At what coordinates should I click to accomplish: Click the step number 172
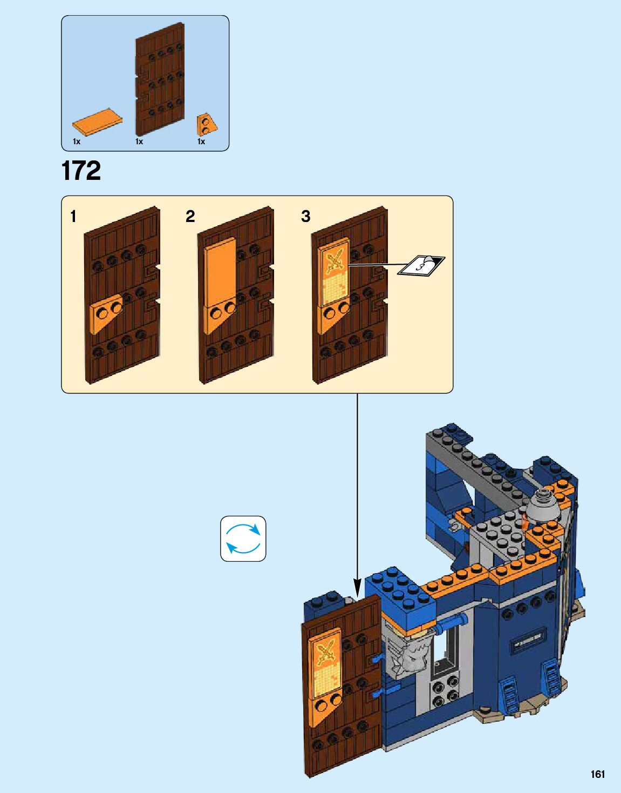coord(81,171)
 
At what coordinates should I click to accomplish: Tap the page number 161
coord(598,774)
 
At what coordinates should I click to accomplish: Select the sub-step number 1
coord(73,217)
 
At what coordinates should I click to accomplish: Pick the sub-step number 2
coord(190,217)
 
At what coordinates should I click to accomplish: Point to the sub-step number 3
coord(305,217)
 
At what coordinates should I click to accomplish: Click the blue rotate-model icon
coord(243,539)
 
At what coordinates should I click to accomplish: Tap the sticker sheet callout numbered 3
coord(421,265)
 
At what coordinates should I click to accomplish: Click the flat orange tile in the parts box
coord(97,122)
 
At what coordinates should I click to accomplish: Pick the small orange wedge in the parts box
coord(206,124)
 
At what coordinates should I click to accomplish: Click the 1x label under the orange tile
coord(77,142)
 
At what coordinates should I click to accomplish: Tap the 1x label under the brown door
coord(139,142)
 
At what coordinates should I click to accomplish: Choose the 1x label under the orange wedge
coord(201,142)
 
